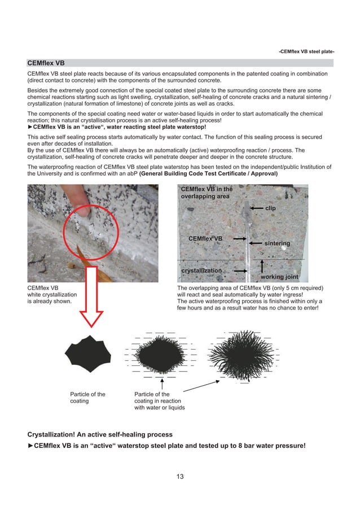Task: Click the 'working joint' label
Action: pyautogui.click(x=279, y=277)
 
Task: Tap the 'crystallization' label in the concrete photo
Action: pyautogui.click(x=201, y=271)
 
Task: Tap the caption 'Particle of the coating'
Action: pyautogui.click(x=87, y=398)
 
